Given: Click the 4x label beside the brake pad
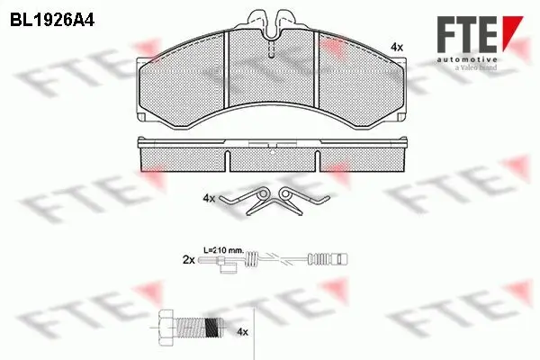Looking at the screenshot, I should tap(396, 45).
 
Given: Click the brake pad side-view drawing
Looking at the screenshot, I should tap(275, 154).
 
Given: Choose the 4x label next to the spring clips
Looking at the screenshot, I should tap(210, 198).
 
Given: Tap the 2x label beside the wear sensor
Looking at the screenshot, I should tap(188, 258).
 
